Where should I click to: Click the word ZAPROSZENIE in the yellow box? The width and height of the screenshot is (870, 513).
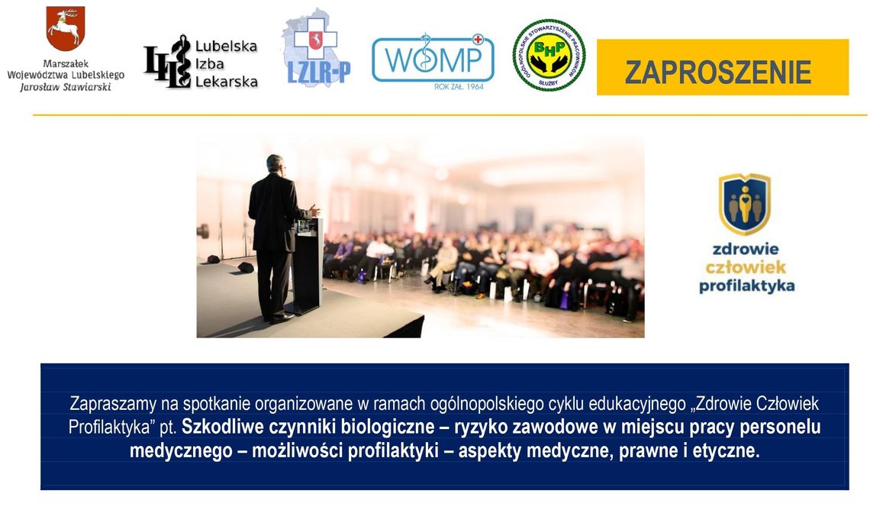(x=718, y=72)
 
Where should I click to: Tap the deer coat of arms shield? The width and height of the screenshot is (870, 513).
(x=65, y=28)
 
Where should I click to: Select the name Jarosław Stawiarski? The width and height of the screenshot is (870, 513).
(x=66, y=87)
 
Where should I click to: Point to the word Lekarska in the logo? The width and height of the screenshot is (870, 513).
(x=227, y=82)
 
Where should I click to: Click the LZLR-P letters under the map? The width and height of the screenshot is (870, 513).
(x=319, y=74)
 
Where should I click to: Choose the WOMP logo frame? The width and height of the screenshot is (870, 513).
(x=433, y=59)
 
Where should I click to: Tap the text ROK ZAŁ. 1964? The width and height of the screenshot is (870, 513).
(x=459, y=87)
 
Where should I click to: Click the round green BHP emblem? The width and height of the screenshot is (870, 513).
(x=549, y=56)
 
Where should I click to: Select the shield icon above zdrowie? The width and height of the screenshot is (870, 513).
(x=744, y=203)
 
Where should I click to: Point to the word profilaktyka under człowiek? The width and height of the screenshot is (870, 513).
(x=746, y=286)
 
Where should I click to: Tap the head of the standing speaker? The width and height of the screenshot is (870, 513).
(x=275, y=163)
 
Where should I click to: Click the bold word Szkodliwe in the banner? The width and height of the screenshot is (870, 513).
(x=222, y=426)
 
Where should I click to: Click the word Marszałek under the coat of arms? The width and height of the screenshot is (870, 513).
(x=66, y=63)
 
